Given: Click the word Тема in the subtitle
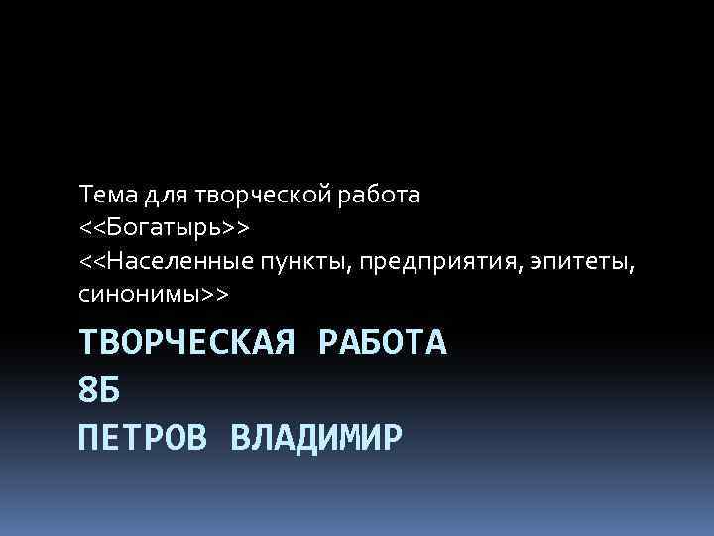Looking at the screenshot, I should click(x=105, y=195).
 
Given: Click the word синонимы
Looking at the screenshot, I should click(x=140, y=296).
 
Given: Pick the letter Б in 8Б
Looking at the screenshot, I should click(x=110, y=389).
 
